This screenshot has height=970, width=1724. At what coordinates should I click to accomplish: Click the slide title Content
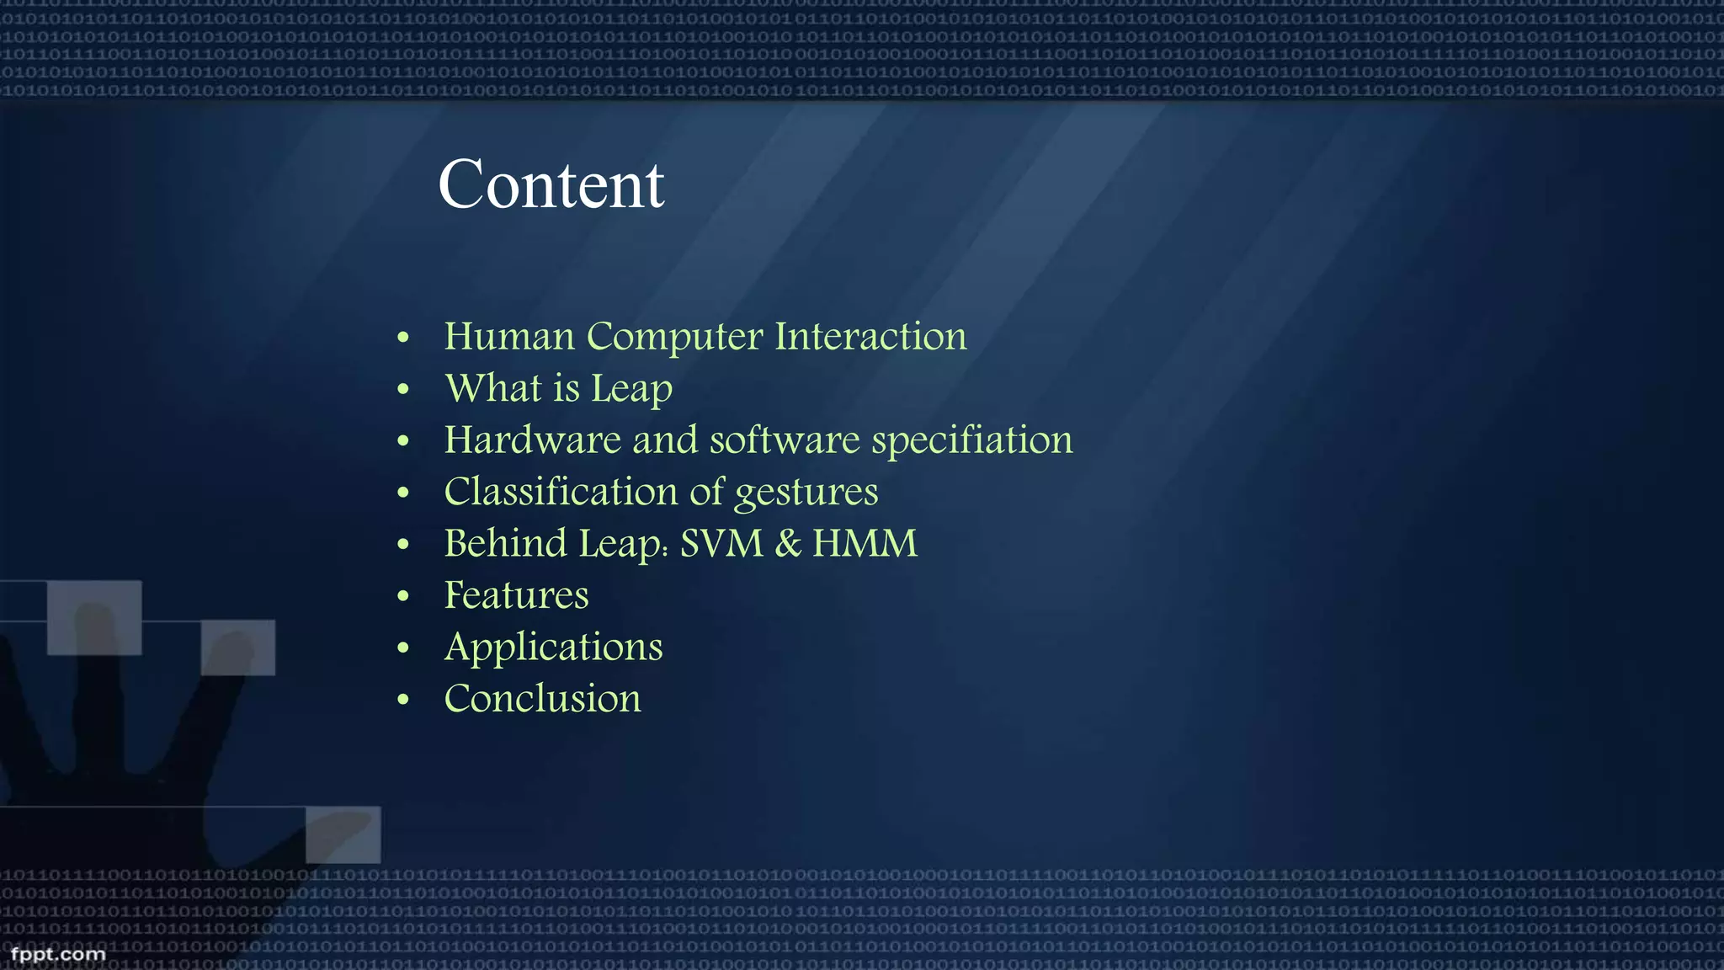coord(551,184)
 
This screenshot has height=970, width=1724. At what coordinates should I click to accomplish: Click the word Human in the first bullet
coord(509,336)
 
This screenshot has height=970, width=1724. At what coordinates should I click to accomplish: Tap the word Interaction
coord(870,336)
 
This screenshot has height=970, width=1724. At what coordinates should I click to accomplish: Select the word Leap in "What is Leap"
coord(631,389)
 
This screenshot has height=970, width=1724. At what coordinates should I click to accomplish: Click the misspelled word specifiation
coord(971,441)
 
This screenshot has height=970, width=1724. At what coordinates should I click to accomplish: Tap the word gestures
coord(806,493)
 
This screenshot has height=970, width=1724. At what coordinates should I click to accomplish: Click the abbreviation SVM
coord(721,543)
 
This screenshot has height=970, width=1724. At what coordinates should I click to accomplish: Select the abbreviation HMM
coord(865,543)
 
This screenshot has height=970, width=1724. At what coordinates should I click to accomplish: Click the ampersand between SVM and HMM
coord(788,543)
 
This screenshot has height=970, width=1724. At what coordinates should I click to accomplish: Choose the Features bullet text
coord(516,595)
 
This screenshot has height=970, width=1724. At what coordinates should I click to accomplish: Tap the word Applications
coord(553,648)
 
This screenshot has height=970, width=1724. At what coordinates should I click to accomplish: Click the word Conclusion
coord(542,698)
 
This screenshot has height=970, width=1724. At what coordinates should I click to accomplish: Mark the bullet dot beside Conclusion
coord(403,699)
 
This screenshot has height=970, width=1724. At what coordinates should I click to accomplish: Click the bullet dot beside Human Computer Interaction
coord(403,338)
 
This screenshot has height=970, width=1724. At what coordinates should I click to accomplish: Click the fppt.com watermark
coord(57,954)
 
